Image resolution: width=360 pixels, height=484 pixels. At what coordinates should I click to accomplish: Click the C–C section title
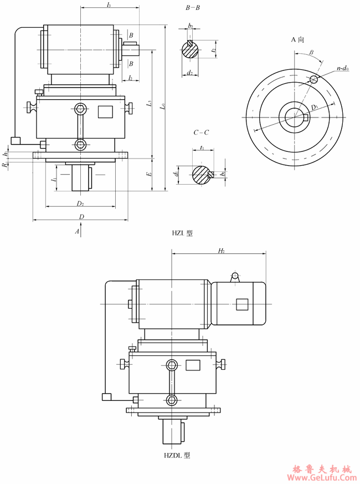(x=200, y=133)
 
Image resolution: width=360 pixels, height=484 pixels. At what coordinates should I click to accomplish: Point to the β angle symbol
(x=312, y=53)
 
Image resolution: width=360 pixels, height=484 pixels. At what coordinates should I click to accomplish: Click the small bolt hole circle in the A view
(x=314, y=79)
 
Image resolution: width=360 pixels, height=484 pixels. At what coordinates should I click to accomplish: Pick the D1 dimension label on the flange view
(x=314, y=106)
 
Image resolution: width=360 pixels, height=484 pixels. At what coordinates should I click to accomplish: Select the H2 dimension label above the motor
(x=221, y=251)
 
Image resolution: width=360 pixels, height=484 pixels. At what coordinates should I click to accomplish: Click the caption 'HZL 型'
(x=182, y=234)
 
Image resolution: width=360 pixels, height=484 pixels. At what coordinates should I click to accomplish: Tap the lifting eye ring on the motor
(x=235, y=276)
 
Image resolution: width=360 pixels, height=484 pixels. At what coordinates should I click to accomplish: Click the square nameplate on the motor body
(x=241, y=304)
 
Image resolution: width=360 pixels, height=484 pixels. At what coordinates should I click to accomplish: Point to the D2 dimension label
(x=80, y=203)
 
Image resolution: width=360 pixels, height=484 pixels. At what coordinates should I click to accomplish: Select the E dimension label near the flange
(x=148, y=174)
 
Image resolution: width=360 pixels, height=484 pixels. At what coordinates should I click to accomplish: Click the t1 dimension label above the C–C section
(x=203, y=148)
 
